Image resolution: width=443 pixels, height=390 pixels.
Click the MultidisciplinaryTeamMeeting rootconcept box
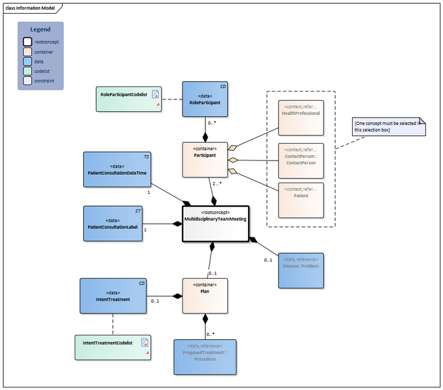(216, 224)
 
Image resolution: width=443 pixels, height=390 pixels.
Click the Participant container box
(205, 159)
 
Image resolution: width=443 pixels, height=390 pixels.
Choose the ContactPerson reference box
(301, 159)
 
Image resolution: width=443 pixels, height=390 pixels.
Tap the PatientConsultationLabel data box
(113, 224)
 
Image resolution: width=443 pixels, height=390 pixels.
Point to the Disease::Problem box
(300, 270)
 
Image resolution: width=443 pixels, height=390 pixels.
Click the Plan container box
(205, 296)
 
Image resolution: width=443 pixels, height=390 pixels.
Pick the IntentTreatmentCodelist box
(112, 346)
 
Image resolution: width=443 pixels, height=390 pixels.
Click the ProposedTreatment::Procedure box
(205, 356)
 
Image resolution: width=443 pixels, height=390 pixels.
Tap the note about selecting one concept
(388, 126)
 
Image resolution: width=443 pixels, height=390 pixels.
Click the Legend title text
(40, 29)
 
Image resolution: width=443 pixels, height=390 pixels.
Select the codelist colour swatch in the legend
(27, 71)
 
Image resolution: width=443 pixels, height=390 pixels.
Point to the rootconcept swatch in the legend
(27, 42)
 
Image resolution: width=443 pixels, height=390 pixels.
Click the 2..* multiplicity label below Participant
(217, 183)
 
